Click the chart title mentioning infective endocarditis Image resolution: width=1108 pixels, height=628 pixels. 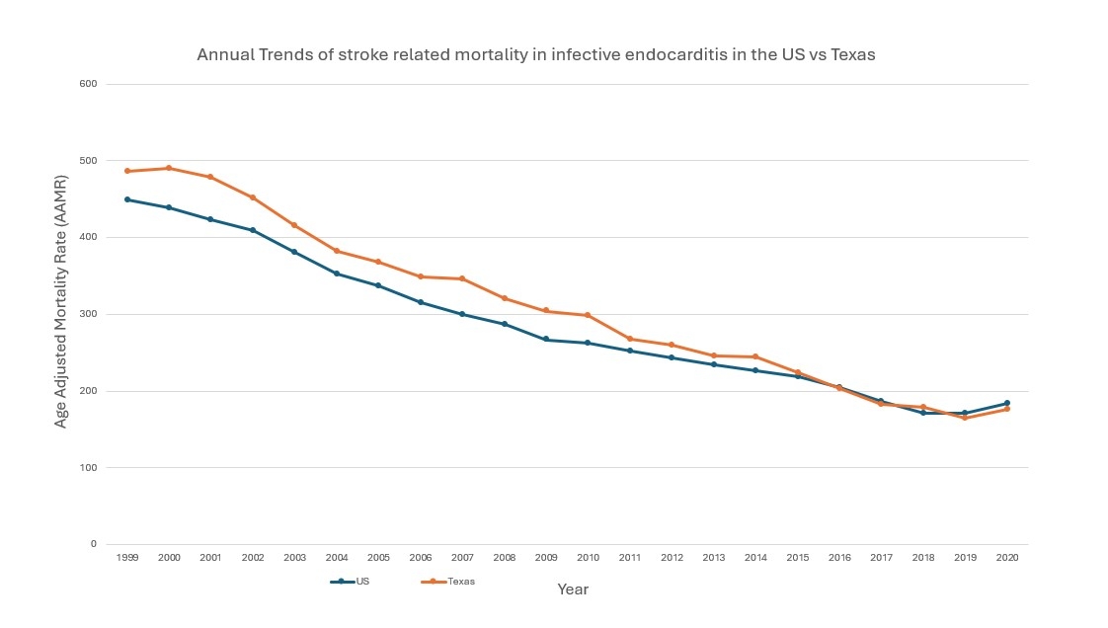(535, 55)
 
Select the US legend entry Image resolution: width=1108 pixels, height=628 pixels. (352, 582)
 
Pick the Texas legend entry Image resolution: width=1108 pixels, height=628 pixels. (449, 582)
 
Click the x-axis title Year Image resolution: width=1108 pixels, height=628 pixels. (573, 589)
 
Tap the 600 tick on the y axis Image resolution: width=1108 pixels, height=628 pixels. (88, 84)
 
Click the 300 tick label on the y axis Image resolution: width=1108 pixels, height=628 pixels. (88, 314)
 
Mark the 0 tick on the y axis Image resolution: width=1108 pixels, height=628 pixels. (94, 544)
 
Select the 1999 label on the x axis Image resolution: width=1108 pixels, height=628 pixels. (126, 558)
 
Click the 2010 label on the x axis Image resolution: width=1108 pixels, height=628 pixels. (588, 558)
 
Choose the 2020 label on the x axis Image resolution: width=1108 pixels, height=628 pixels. (1007, 558)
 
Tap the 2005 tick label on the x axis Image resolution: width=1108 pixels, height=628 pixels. (378, 558)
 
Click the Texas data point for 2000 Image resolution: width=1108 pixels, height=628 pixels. (169, 168)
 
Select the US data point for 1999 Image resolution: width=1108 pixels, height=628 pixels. (126, 199)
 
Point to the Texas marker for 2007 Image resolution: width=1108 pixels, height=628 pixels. (462, 278)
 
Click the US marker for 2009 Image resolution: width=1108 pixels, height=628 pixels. (546, 340)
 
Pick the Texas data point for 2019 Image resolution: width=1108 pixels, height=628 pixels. (965, 418)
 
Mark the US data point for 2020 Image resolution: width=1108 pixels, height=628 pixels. (1007, 403)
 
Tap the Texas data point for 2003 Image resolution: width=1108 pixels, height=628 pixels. (294, 225)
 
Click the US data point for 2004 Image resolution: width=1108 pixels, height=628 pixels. (337, 274)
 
